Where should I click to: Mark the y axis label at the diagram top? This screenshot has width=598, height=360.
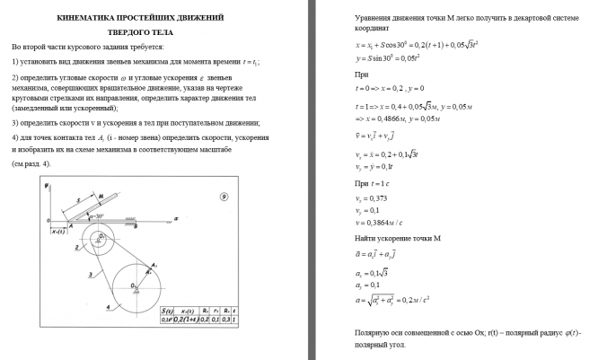click(45, 186)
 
